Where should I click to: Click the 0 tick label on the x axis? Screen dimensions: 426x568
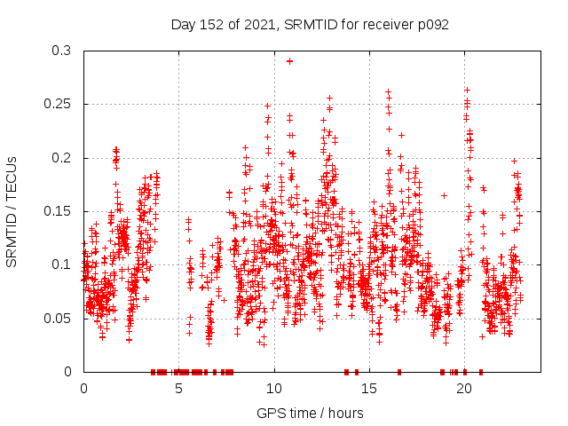(84, 389)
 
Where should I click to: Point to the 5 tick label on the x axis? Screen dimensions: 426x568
(179, 389)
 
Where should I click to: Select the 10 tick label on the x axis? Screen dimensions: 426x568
(274, 389)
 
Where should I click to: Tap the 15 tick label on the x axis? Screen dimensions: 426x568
(369, 389)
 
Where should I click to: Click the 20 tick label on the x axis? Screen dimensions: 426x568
(464, 389)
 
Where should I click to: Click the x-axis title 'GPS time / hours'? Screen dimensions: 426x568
(310, 413)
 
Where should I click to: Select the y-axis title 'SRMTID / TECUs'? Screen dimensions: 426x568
(13, 211)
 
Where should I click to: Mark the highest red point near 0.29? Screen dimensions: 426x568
(289, 61)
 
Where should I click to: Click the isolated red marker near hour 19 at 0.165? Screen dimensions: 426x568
(444, 195)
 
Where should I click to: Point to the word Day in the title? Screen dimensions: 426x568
(183, 25)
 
